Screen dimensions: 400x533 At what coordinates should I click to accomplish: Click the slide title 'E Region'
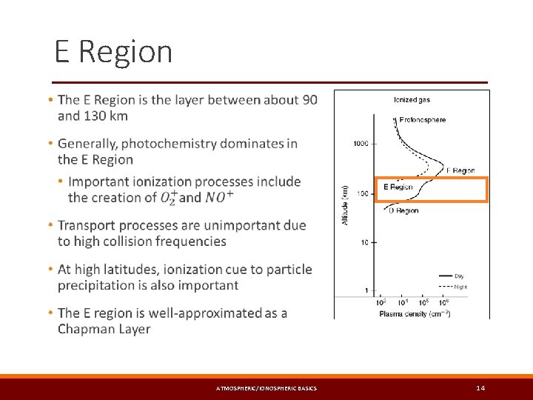pos(113,52)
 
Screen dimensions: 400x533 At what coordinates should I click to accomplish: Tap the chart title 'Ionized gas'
pos(412,99)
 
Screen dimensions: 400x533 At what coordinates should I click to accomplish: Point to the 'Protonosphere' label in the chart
pos(422,119)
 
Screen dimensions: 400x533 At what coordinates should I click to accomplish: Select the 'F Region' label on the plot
pos(460,170)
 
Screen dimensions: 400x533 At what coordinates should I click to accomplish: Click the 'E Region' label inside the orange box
pos(398,187)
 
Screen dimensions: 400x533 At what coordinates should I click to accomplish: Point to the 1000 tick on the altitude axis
pos(361,143)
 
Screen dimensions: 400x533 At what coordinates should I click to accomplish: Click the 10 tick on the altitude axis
pos(364,242)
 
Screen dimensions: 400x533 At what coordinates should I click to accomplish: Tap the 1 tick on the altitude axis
pos(366,290)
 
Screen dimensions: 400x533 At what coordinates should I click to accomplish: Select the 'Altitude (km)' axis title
pos(345,205)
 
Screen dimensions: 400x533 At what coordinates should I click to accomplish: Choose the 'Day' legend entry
pos(459,276)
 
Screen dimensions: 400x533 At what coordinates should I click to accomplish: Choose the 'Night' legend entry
pos(460,286)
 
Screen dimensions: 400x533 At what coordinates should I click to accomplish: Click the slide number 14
pos(480,388)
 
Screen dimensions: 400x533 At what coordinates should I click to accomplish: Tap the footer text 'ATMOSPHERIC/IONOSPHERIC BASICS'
pos(266,389)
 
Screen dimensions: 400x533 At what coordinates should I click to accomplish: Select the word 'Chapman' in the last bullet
pos(87,329)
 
